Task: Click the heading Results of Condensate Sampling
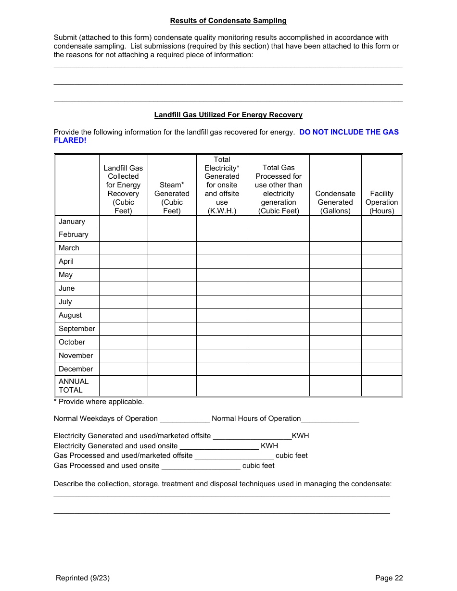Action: pos(228,21)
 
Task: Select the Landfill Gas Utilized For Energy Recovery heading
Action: pos(228,115)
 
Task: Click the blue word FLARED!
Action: pos(70,140)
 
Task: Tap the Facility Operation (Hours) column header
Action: pos(381,202)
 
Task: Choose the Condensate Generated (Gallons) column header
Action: pos(335,202)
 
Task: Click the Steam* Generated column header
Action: pos(172,198)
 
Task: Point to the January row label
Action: pos(72,222)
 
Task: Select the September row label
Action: pos(76,329)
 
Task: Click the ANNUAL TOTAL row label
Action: pos(74,386)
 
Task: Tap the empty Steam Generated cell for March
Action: pos(172,248)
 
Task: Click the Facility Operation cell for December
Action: pos(381,369)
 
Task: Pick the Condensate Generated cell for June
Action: pos(335,288)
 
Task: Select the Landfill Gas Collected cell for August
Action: pos(123,315)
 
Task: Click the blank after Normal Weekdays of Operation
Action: pos(185,419)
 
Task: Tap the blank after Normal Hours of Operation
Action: pos(330,419)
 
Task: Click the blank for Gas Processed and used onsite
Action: pos(201,466)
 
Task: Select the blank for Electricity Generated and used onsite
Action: pos(219,446)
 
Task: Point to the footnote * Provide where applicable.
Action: pos(99,402)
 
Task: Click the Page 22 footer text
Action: pos(389,578)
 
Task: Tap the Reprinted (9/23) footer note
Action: pos(83,578)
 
